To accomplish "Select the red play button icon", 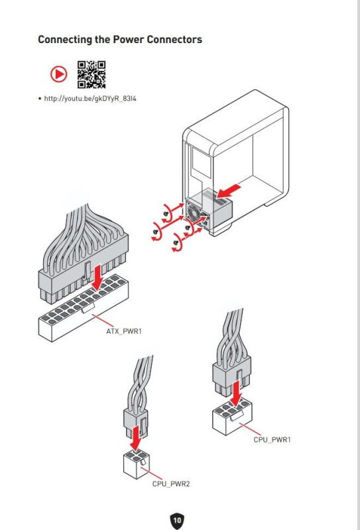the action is pos(59,74).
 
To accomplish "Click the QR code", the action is pos(91,75).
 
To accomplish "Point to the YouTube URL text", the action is pos(90,99).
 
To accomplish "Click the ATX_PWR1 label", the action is pos(124,331).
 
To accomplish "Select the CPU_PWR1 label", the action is pos(272,440).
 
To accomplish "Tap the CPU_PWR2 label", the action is pos(171,484).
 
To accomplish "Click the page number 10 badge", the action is pos(177,520).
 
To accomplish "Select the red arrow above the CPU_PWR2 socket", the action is pos(136,438).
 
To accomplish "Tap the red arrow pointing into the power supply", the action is pos(229,191).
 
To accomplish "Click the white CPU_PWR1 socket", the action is pos(232,417).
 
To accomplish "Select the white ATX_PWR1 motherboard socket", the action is pos(84,307).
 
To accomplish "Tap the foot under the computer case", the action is pos(221,230).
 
